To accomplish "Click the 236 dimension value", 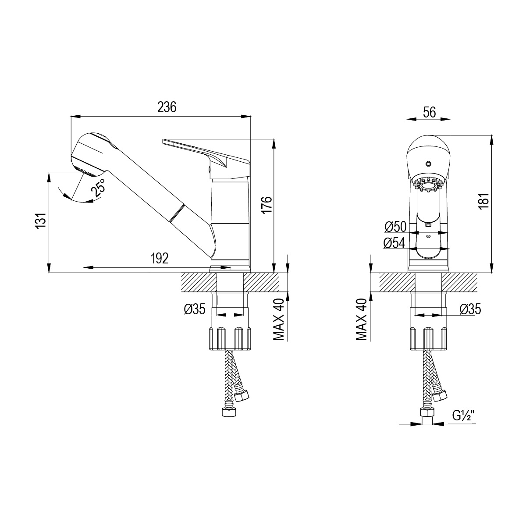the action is [167, 107].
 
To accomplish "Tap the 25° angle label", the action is [98, 188].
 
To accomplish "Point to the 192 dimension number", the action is [160, 258].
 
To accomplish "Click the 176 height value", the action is [267, 205].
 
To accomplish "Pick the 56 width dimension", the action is [430, 113].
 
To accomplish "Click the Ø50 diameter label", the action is [395, 227].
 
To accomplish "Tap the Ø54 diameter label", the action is [394, 243].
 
